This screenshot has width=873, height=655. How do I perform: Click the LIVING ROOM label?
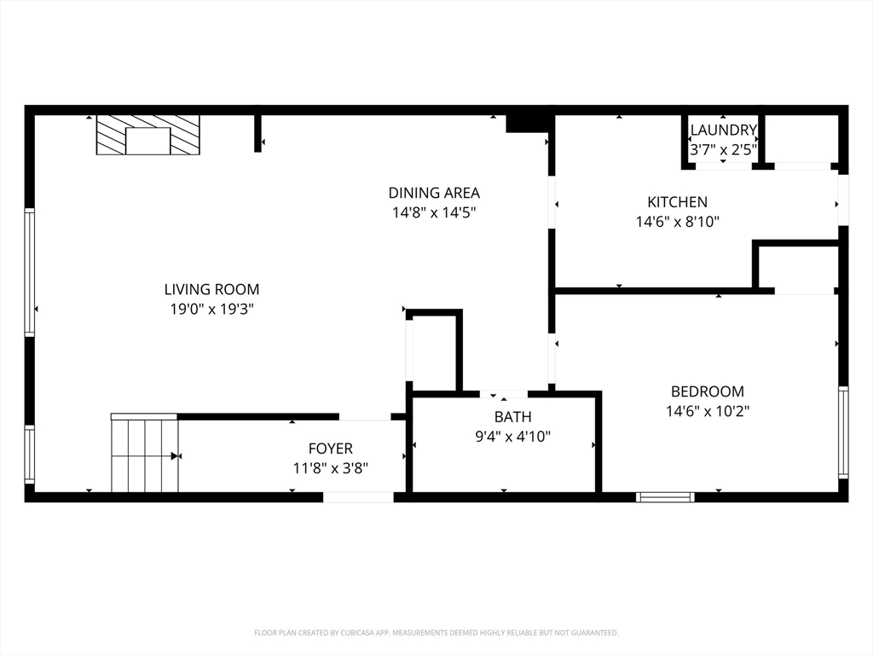tap(211, 289)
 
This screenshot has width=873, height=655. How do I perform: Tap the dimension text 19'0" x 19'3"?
tap(211, 309)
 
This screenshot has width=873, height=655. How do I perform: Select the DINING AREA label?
tap(434, 193)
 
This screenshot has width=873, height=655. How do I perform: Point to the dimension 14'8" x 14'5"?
tap(434, 212)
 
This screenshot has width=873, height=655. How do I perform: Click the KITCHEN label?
tap(677, 202)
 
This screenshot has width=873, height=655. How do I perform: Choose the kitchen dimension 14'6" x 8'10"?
tap(677, 222)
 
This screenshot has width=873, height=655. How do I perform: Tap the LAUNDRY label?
tap(723, 130)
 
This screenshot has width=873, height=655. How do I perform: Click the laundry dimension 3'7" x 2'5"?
tap(723, 149)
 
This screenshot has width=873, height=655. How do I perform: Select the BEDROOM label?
tap(707, 391)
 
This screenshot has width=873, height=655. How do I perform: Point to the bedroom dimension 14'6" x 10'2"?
tap(707, 411)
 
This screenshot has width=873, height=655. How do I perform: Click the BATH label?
tap(512, 417)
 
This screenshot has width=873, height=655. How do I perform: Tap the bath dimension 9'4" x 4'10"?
tap(512, 437)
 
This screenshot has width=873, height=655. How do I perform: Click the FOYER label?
tap(330, 449)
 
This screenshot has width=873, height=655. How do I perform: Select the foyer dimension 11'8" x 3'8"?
tap(330, 468)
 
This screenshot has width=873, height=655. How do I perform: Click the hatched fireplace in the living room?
tap(147, 135)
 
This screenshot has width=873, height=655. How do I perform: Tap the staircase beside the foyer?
tap(144, 455)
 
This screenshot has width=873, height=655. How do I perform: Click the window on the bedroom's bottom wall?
tap(665, 497)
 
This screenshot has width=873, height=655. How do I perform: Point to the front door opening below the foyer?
tap(358, 497)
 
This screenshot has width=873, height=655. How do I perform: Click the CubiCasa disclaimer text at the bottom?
tap(436, 633)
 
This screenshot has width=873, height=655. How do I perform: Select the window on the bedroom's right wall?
tap(843, 432)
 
